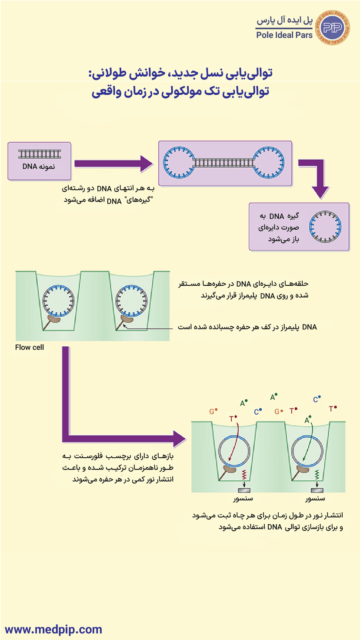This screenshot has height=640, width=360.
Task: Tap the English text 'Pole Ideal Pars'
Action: tap(284, 35)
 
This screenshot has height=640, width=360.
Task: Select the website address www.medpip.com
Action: tap(53, 629)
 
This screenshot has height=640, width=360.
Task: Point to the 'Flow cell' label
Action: tap(30, 347)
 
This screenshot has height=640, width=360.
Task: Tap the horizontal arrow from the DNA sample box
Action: tap(114, 164)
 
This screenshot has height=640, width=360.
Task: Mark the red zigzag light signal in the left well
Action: tap(244, 474)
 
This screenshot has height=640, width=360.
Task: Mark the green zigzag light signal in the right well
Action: tap(318, 474)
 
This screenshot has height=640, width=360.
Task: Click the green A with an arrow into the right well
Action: tap(307, 420)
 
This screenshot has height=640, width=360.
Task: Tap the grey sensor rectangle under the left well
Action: tap(244, 490)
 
